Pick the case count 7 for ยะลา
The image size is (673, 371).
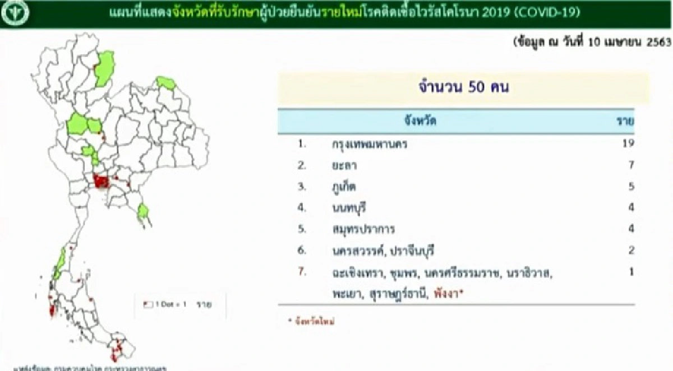[631, 165]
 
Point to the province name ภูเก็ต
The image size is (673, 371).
[344, 187]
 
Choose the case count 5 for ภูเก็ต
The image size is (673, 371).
[631, 187]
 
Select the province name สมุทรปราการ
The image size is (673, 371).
[363, 229]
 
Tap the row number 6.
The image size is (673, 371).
[302, 251]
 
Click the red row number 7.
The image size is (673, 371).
[302, 272]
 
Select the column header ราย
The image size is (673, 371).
[625, 120]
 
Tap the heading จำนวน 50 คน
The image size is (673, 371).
[463, 88]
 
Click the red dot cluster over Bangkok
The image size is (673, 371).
[102, 182]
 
